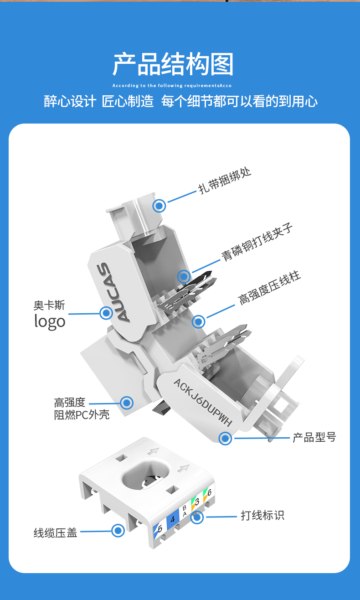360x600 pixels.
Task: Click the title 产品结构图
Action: pos(173,64)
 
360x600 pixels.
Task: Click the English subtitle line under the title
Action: pos(172,86)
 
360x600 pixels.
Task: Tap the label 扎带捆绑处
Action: pos(225,181)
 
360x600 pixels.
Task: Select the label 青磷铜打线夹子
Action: pos(257,242)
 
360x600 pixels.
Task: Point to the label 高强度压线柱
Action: pos(269,288)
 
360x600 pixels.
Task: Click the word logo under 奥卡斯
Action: pos(50,321)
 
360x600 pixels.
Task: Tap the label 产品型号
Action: pos(314,437)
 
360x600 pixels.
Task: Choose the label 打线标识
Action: pos(262,515)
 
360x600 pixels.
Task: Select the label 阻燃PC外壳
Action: pos(82,415)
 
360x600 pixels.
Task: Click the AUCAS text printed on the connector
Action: pos(113,292)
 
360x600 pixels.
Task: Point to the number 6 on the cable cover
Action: pos(209,492)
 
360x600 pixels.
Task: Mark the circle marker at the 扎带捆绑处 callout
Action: pos(159,206)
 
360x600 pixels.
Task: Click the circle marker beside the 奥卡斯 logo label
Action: pos(106,313)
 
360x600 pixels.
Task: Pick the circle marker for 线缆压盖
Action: pos(118,531)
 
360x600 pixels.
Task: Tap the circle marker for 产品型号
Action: pos(226,439)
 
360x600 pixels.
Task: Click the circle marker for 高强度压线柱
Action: pos(199,321)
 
